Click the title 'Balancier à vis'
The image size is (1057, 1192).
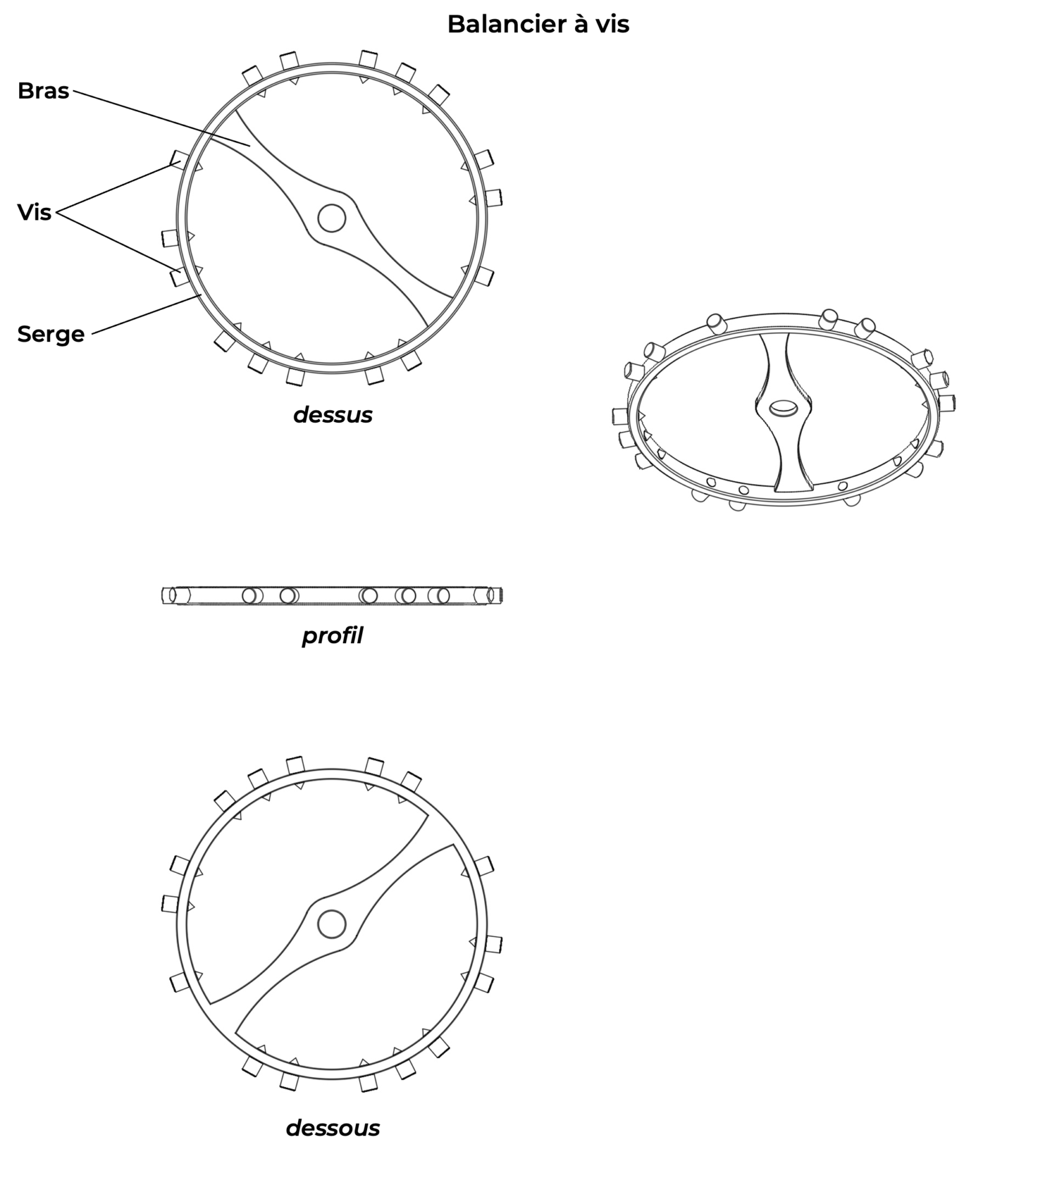click(x=538, y=24)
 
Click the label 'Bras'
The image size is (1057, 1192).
click(x=43, y=91)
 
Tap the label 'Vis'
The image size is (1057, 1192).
click(x=34, y=212)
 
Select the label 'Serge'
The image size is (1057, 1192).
click(x=51, y=334)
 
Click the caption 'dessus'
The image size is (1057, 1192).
click(x=333, y=415)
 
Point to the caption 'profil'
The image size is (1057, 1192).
click(x=332, y=636)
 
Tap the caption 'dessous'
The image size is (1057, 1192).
click(x=333, y=1128)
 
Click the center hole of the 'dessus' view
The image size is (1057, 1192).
click(x=332, y=218)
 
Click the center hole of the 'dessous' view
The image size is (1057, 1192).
click(x=332, y=924)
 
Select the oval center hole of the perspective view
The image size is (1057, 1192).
click(x=784, y=409)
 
